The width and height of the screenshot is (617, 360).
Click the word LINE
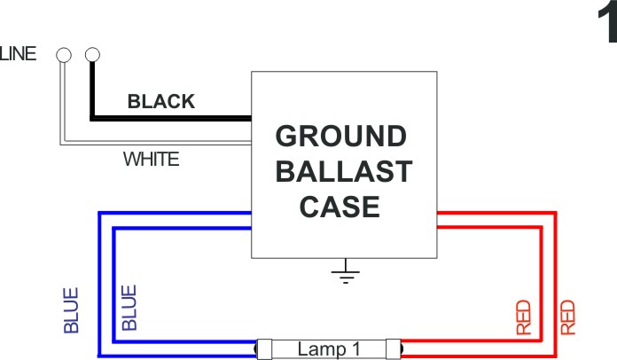pos(18,53)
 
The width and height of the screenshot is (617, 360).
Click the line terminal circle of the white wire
pos(64,55)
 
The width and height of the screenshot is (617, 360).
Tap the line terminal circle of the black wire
pos(92,55)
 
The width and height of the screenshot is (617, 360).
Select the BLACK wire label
pos(161,101)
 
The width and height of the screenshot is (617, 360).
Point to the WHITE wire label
pos(151,160)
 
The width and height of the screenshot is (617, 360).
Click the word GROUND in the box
pos(340,137)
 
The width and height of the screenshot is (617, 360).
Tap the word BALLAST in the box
pos(344,171)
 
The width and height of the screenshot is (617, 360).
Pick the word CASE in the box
pos(340,207)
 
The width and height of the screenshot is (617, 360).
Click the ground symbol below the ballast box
pos(346,271)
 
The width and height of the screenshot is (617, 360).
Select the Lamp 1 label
pos(329,349)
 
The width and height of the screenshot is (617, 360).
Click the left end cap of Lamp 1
pos(264,349)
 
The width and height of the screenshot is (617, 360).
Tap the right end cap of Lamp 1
pos(393,349)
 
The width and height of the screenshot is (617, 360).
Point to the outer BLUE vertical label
pos(71,311)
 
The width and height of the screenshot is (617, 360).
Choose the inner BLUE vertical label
pos(129,308)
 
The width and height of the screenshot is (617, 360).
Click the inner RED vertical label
pos(523,318)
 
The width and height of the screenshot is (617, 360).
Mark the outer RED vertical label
pos(568,318)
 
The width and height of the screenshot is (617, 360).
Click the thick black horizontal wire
pos(172,119)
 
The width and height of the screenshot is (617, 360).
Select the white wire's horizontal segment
pos(157,143)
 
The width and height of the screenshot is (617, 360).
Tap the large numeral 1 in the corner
pos(607,25)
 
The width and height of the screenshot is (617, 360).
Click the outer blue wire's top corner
pos(99,214)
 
